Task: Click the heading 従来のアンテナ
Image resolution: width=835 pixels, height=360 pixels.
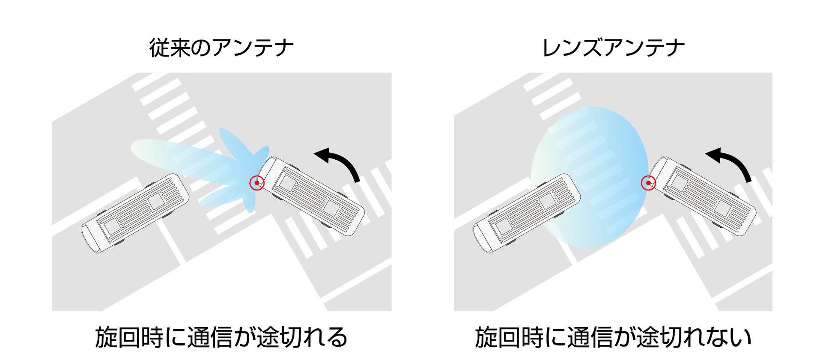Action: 221,48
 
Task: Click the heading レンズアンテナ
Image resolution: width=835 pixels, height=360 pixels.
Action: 613,48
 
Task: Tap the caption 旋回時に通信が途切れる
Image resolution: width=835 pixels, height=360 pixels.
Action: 221,338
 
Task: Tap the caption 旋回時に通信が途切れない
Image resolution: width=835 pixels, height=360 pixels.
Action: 613,338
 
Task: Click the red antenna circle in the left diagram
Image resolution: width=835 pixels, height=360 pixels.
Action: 257,183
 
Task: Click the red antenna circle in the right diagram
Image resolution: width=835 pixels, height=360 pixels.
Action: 648,183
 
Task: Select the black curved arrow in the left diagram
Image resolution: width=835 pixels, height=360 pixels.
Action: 338,163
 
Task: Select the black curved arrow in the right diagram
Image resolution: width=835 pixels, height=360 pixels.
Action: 730,163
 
